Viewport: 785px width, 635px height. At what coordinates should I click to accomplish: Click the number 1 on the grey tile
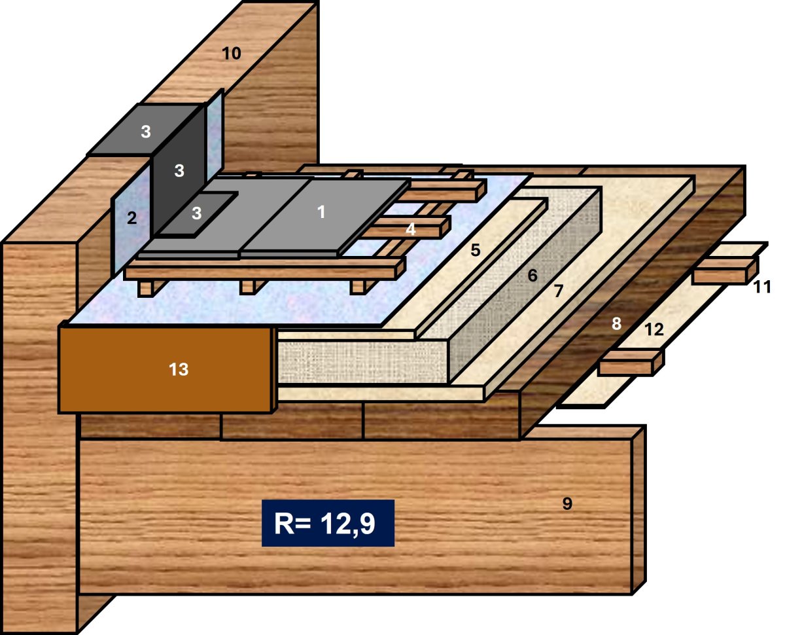[321, 211]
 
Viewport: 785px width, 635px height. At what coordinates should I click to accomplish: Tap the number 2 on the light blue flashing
[131, 218]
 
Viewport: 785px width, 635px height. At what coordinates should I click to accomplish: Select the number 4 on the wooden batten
[411, 229]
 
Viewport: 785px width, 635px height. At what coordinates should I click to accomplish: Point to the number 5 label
[476, 250]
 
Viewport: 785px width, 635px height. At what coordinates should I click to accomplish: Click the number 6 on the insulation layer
[532, 275]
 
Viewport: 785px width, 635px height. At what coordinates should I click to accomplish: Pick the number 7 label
[559, 291]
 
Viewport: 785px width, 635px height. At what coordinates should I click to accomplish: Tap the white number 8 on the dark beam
[616, 323]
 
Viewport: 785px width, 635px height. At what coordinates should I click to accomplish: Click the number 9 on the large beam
[567, 503]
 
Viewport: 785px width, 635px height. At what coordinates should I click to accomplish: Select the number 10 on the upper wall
[232, 54]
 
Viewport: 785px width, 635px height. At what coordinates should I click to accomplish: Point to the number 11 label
[762, 287]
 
